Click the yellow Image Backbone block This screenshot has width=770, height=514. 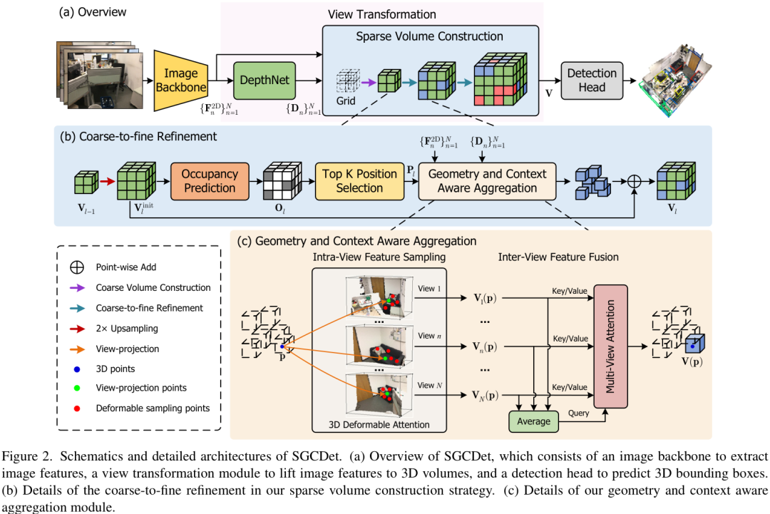coord(180,81)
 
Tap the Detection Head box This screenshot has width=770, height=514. coord(592,80)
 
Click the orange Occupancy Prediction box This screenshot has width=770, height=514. coord(210,180)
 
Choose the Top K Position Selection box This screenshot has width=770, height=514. coord(359,180)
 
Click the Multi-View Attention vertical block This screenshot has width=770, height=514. coord(610,346)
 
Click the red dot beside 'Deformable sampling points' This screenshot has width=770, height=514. coord(78,408)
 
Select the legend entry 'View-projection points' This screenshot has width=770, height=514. coord(141,388)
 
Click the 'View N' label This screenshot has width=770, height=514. coord(431,385)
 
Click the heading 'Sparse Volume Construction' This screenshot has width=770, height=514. coord(429,36)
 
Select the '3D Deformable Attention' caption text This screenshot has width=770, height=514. coord(379,425)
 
